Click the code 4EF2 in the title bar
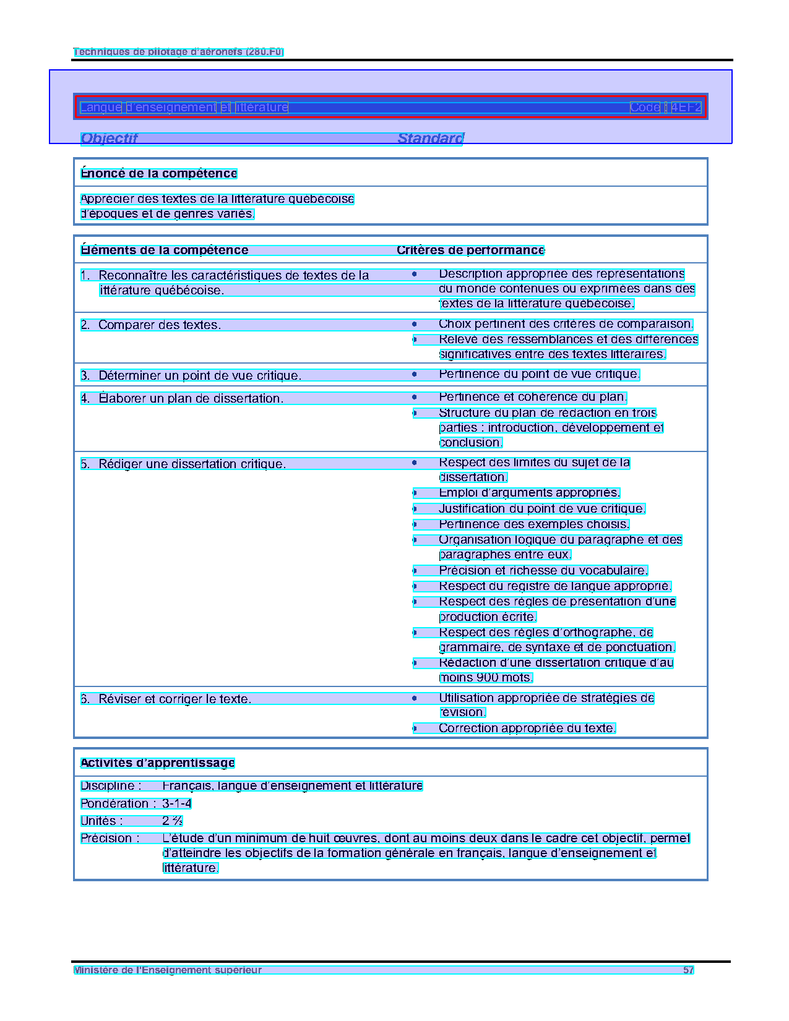click(686, 108)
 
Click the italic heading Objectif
click(109, 139)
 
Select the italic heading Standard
click(430, 139)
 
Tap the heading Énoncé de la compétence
click(159, 174)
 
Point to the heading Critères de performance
click(470, 250)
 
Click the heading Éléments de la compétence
click(165, 250)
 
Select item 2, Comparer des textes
click(159, 325)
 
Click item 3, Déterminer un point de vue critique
click(199, 376)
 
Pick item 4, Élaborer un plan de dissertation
click(191, 399)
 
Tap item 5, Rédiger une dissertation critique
click(192, 464)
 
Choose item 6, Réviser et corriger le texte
click(175, 699)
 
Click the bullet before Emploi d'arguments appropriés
click(415, 493)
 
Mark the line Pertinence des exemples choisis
click(533, 524)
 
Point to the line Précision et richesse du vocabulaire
click(543, 571)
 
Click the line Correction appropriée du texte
click(527, 728)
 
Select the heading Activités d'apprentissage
click(158, 763)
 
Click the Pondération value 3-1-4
click(176, 804)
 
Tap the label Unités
click(101, 821)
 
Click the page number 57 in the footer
click(688, 970)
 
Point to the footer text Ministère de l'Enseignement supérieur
click(168, 970)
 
